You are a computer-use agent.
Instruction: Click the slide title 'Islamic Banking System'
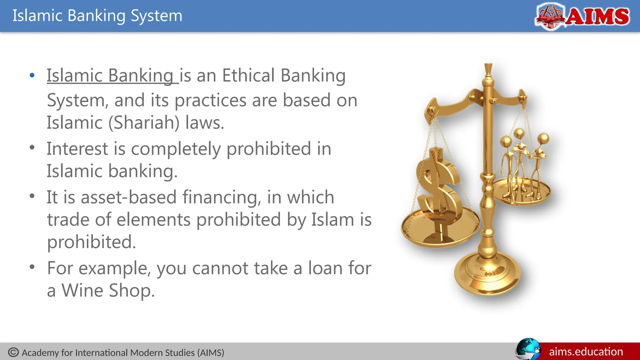(97, 16)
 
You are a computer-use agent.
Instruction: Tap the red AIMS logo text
(597, 17)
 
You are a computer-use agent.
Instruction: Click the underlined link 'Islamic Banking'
(110, 76)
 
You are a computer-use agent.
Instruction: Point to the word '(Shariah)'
(144, 122)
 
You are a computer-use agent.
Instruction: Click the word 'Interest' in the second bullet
(77, 148)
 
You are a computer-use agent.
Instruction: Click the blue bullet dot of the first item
(32, 75)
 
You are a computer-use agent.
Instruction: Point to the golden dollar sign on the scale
(437, 184)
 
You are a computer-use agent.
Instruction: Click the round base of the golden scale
(487, 275)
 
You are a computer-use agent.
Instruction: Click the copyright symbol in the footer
(13, 352)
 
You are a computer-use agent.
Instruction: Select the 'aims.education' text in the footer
(586, 352)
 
